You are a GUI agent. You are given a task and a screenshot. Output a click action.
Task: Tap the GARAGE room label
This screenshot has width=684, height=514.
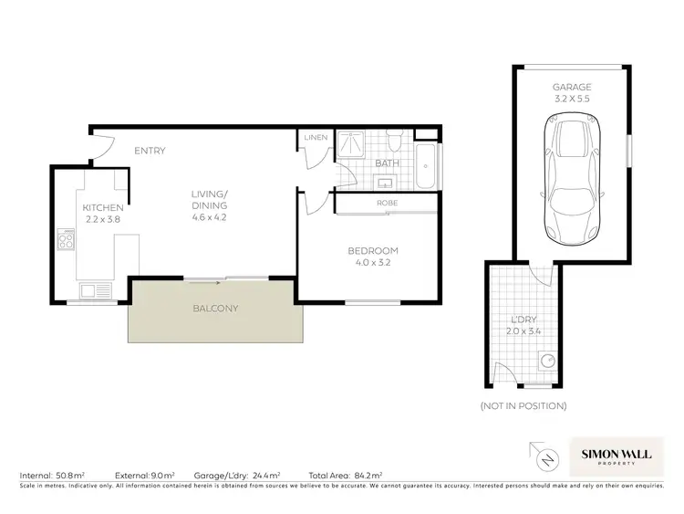[571, 87]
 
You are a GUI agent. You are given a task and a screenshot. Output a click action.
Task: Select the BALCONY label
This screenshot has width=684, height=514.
[215, 309]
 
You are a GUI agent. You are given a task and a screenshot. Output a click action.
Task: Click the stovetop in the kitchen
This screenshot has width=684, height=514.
[67, 241]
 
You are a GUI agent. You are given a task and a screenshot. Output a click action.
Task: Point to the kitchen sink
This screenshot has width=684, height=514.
[91, 291]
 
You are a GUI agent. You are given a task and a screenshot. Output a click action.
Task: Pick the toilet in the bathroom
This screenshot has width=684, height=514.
[394, 142]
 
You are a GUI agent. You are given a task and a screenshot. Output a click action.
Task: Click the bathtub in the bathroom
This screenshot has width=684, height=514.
[428, 164]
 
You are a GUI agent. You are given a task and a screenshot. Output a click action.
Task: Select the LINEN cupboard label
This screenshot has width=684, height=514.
[316, 138]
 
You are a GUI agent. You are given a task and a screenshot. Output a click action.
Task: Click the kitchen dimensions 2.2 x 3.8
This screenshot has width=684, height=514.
[102, 219]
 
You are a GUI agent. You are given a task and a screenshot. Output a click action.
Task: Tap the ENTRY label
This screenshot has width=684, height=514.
[150, 151]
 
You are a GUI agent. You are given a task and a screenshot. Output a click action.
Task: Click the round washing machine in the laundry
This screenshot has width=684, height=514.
[549, 362]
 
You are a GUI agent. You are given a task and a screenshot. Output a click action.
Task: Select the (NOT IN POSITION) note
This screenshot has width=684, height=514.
[523, 405]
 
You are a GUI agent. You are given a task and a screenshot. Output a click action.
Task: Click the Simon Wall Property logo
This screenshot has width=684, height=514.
[617, 453]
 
